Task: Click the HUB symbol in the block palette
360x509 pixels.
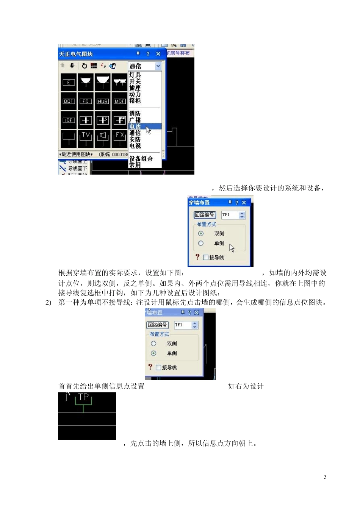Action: tap(103, 101)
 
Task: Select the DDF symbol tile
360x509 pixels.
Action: tap(69, 101)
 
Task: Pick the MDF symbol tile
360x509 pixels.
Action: tap(120, 101)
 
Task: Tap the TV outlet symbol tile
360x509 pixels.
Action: tap(86, 139)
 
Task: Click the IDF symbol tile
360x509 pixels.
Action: tap(69, 120)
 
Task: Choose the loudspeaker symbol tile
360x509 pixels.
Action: tap(103, 139)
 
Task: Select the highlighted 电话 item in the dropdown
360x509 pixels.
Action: tap(135, 126)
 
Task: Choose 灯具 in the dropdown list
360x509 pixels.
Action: tap(135, 75)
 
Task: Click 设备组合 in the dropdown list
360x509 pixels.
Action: tap(141, 159)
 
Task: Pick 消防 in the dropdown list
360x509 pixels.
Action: tap(135, 113)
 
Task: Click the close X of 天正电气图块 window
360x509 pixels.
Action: tap(158, 54)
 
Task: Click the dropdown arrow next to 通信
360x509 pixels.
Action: tap(158, 66)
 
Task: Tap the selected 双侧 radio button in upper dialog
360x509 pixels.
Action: tap(201, 234)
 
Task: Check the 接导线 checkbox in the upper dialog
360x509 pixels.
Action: tap(205, 258)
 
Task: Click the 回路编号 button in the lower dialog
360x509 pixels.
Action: tap(157, 325)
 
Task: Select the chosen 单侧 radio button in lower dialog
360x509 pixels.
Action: tap(153, 353)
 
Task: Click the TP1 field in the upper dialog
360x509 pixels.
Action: tap(230, 215)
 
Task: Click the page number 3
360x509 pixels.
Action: tap(325, 477)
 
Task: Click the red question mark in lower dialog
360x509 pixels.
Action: tap(150, 367)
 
